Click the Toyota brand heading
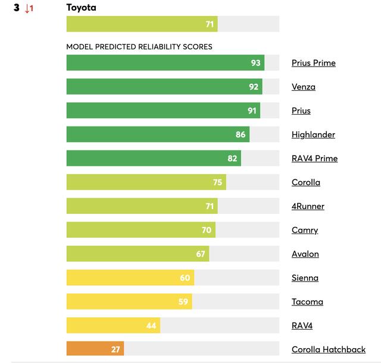(81, 8)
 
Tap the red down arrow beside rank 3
(29, 9)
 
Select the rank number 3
(17, 8)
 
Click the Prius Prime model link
(313, 63)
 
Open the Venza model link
(304, 87)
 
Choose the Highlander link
(313, 135)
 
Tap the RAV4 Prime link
(314, 159)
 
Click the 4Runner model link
(308, 206)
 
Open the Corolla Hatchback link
(328, 350)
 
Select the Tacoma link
(307, 302)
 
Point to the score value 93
(256, 63)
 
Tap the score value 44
(152, 326)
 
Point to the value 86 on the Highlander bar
(241, 135)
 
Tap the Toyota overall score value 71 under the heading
(209, 24)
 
